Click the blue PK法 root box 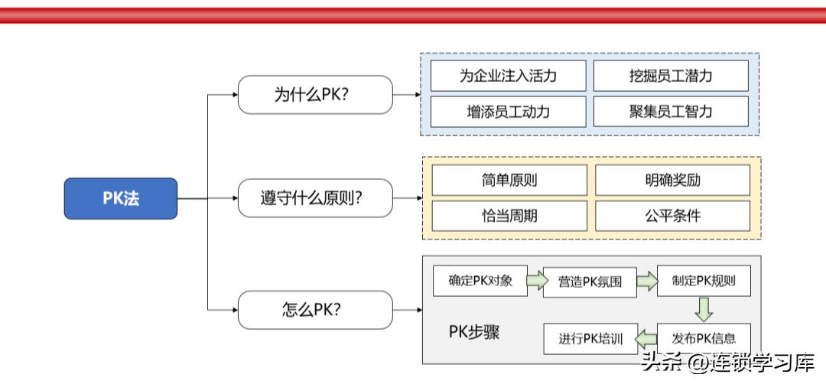tap(121, 199)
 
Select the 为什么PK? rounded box tap(315, 95)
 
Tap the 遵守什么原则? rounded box tap(315, 199)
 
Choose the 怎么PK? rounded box tap(315, 310)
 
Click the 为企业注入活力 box tap(509, 76)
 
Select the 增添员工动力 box tap(509, 112)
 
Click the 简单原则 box tap(509, 180)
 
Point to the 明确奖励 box tap(672, 180)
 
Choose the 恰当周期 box tap(509, 216)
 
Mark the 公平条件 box tap(672, 216)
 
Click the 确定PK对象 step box tap(480, 281)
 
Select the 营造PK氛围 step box tap(590, 281)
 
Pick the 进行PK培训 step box tap(590, 339)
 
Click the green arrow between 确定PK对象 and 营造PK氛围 tap(537, 281)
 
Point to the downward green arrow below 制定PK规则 tap(704, 309)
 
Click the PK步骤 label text tap(473, 333)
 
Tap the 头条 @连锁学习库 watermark tap(727, 362)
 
